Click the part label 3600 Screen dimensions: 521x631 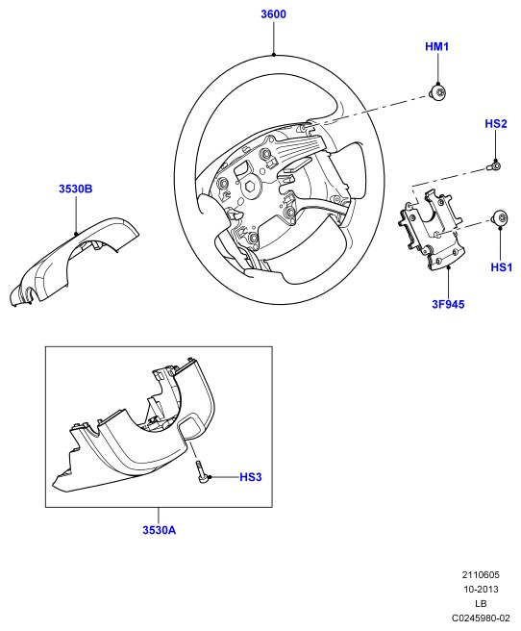(x=273, y=14)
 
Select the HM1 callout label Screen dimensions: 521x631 (x=437, y=47)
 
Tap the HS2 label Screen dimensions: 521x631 (x=496, y=123)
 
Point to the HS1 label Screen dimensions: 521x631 (x=502, y=266)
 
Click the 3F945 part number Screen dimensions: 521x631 (x=448, y=304)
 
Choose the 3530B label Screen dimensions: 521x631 (x=76, y=189)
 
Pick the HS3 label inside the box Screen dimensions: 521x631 (x=251, y=477)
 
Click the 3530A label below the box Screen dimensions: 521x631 (x=160, y=530)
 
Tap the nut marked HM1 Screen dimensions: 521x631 (x=438, y=92)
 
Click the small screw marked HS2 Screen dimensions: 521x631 (x=494, y=165)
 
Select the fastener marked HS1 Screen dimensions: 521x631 (x=500, y=218)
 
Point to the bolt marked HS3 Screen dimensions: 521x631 (x=202, y=471)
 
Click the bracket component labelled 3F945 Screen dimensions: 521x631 (x=431, y=229)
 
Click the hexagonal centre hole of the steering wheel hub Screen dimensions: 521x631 (x=250, y=187)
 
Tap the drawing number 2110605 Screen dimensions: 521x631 (x=481, y=574)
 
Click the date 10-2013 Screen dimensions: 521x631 (x=481, y=589)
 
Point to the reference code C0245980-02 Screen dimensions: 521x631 (x=481, y=618)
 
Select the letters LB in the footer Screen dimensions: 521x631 (x=481, y=604)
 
